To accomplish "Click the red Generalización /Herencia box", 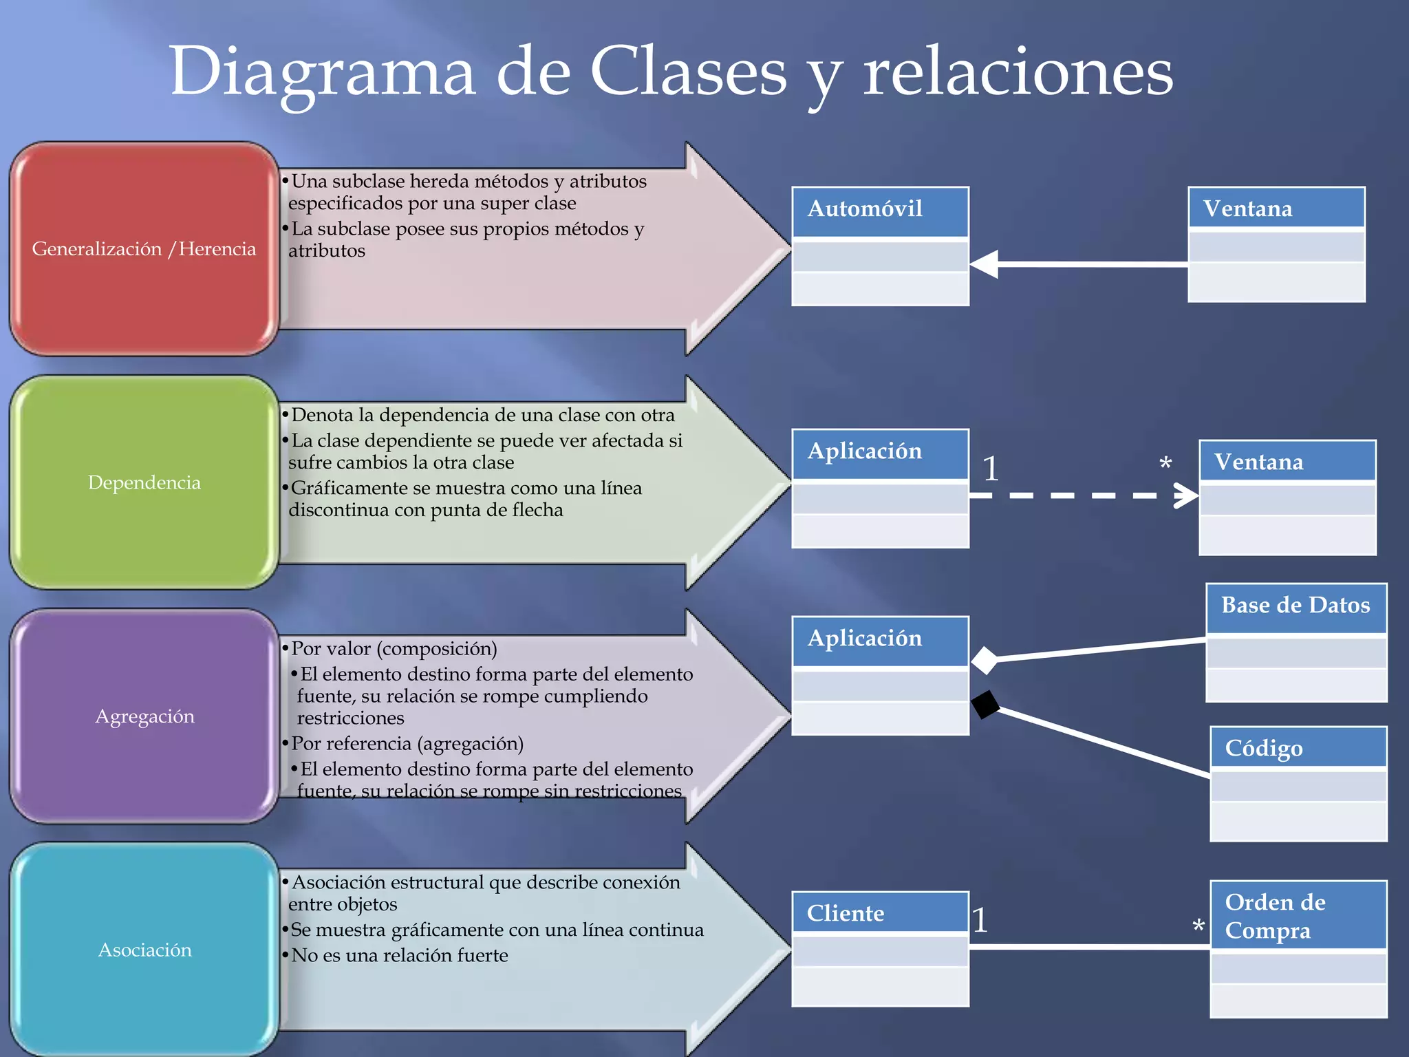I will tap(144, 249).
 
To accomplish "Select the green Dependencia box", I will tap(144, 482).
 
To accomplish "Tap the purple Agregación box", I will tap(144, 716).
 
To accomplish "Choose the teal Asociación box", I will tap(144, 950).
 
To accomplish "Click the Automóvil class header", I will tap(880, 210).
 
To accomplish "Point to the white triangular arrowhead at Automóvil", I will tap(985, 264).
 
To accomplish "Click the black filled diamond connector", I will tap(985, 705).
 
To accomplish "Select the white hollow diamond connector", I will tap(985, 661).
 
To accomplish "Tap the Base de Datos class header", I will tap(1295, 606).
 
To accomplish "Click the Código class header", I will tap(1298, 748).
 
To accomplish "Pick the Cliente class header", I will tap(880, 913).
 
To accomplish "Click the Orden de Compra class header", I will tap(1298, 916).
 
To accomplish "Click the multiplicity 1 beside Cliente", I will tap(980, 921).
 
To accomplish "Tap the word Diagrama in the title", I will tap(322, 72).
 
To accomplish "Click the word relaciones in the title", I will tap(1018, 72).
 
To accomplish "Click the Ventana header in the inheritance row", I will tap(1276, 209).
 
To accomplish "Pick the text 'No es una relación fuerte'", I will tap(399, 955).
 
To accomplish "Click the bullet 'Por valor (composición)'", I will tap(394, 648).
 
